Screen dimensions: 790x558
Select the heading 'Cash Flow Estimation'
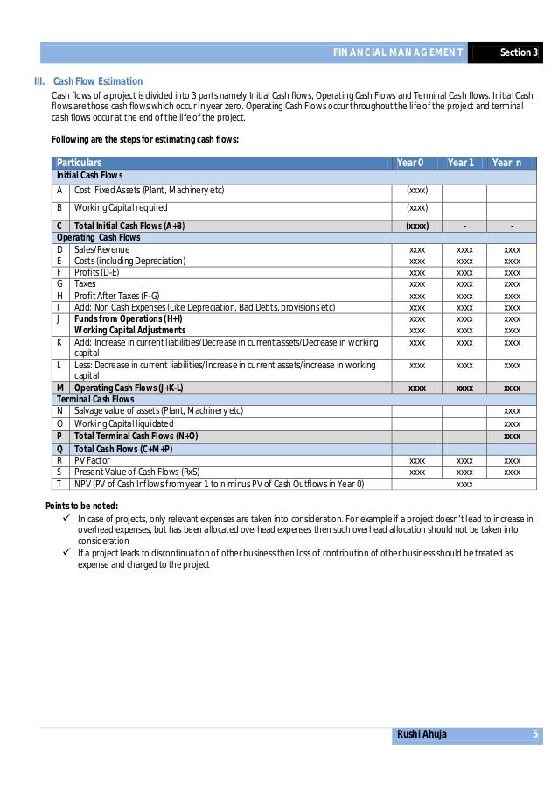[x=98, y=81]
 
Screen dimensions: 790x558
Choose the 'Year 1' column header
[x=460, y=163]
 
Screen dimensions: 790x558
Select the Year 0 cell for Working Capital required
[x=417, y=208]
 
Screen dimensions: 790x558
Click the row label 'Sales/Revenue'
[x=101, y=249]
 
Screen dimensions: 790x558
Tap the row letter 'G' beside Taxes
[x=59, y=283]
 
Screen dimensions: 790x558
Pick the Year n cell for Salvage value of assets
[x=513, y=411]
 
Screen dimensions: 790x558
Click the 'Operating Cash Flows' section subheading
[x=94, y=237]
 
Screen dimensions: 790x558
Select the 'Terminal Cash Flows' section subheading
[x=91, y=398]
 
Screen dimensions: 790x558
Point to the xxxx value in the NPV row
[x=465, y=484]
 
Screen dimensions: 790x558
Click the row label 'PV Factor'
[x=94, y=460]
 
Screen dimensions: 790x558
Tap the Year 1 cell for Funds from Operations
[x=465, y=318]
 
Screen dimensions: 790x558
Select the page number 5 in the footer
[x=534, y=734]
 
